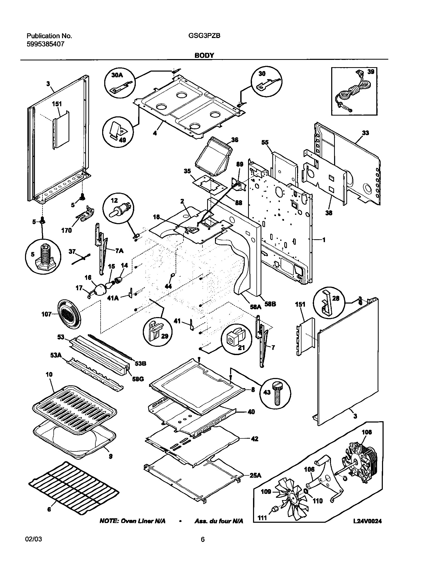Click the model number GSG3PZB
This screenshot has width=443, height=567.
(204, 36)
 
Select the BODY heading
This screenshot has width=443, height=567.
(204, 55)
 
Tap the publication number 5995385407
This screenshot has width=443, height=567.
(45, 44)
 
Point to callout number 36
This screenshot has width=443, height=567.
(235, 140)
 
